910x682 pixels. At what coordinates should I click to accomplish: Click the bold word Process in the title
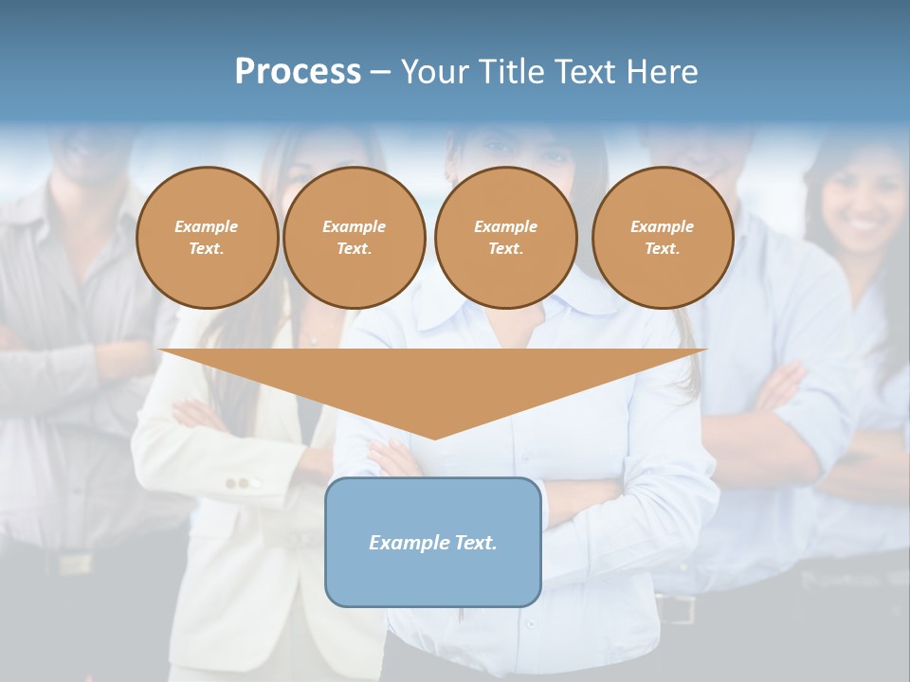click(298, 72)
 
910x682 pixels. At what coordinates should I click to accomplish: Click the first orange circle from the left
click(208, 238)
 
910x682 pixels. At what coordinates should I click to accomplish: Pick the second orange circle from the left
click(355, 238)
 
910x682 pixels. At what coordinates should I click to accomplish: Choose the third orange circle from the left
click(506, 238)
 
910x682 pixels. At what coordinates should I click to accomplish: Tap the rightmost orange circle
click(663, 238)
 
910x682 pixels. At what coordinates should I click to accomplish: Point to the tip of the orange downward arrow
click(434, 438)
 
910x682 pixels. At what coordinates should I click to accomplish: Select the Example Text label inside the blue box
click(433, 543)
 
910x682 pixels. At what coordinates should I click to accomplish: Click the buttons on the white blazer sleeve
click(244, 483)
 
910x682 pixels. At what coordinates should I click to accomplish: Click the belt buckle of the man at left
click(73, 562)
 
